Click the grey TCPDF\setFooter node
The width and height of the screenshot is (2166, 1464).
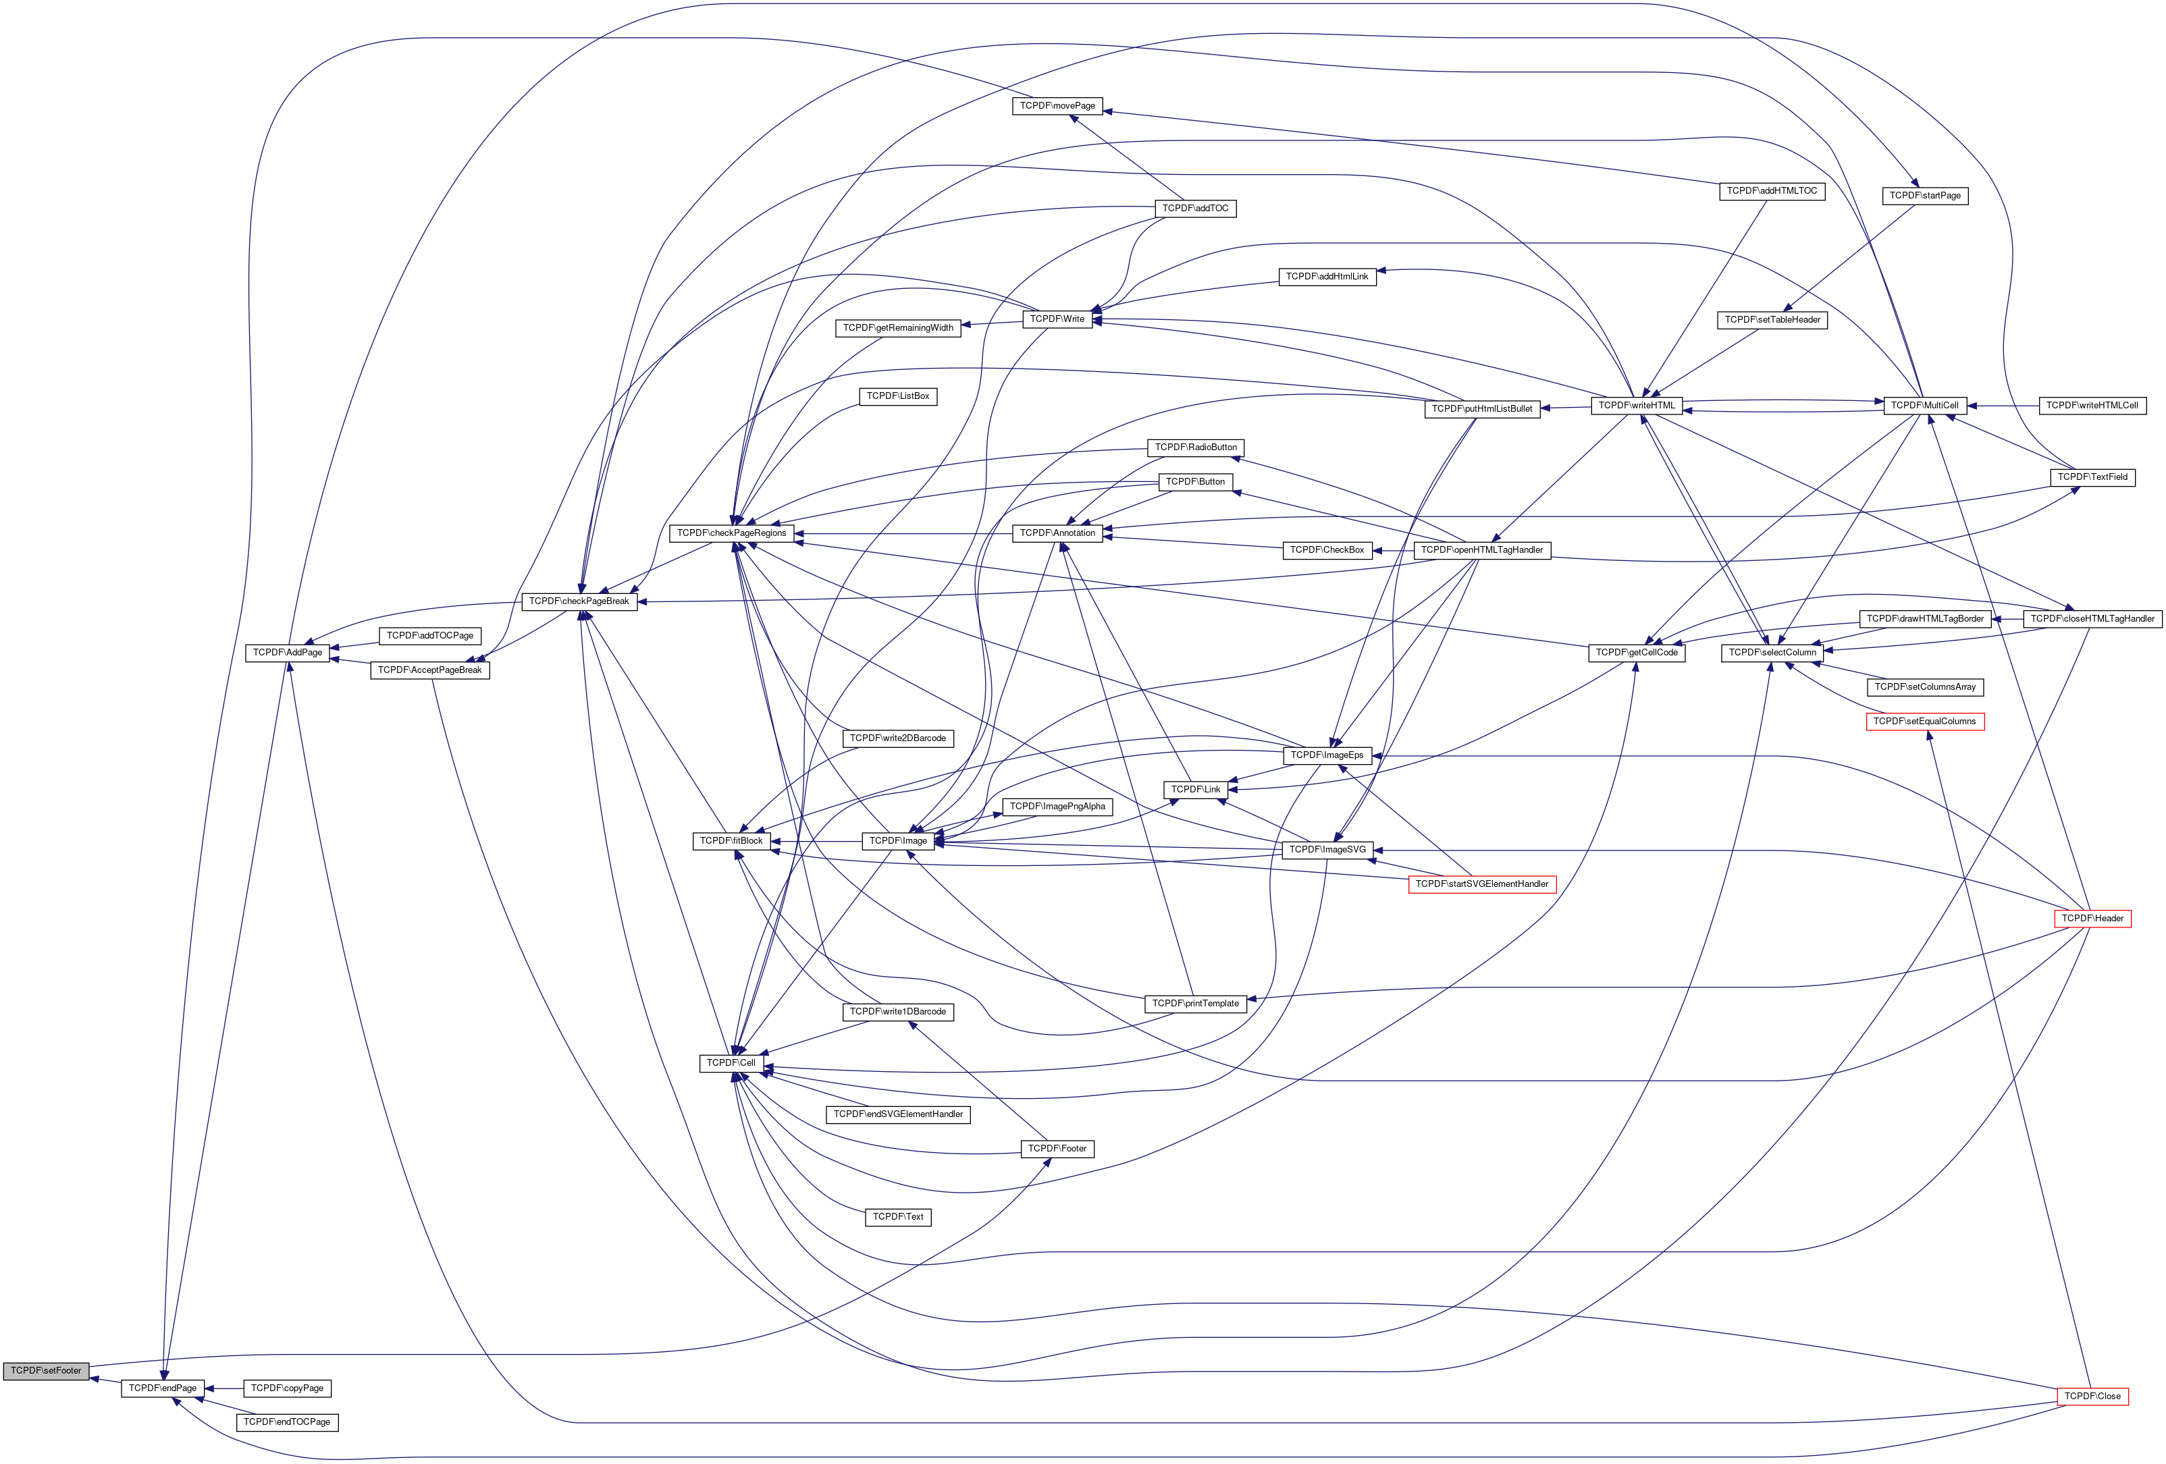pyautogui.click(x=46, y=1371)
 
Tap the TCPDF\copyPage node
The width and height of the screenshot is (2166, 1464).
pyautogui.click(x=287, y=1388)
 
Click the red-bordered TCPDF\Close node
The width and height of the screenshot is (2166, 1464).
pyautogui.click(x=2092, y=1396)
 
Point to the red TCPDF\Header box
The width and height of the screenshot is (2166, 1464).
pyautogui.click(x=2092, y=919)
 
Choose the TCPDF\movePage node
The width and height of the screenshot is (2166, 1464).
pyautogui.click(x=1057, y=106)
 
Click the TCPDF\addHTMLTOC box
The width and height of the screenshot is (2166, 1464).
pyautogui.click(x=1771, y=191)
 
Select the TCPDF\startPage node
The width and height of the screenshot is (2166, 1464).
pyautogui.click(x=1924, y=196)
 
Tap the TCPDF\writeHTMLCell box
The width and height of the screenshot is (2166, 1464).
pyautogui.click(x=2092, y=406)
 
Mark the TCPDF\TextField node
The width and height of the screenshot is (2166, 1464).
pyautogui.click(x=2092, y=477)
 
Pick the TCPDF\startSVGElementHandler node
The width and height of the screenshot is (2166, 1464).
pyautogui.click(x=1481, y=884)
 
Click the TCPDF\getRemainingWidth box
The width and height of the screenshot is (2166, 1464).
pyautogui.click(x=897, y=328)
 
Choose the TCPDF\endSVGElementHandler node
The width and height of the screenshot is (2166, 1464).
pyautogui.click(x=897, y=1114)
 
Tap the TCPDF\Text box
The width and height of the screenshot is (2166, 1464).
pyautogui.click(x=897, y=1217)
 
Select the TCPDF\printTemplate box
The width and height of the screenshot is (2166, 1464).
pyautogui.click(x=1195, y=1004)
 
